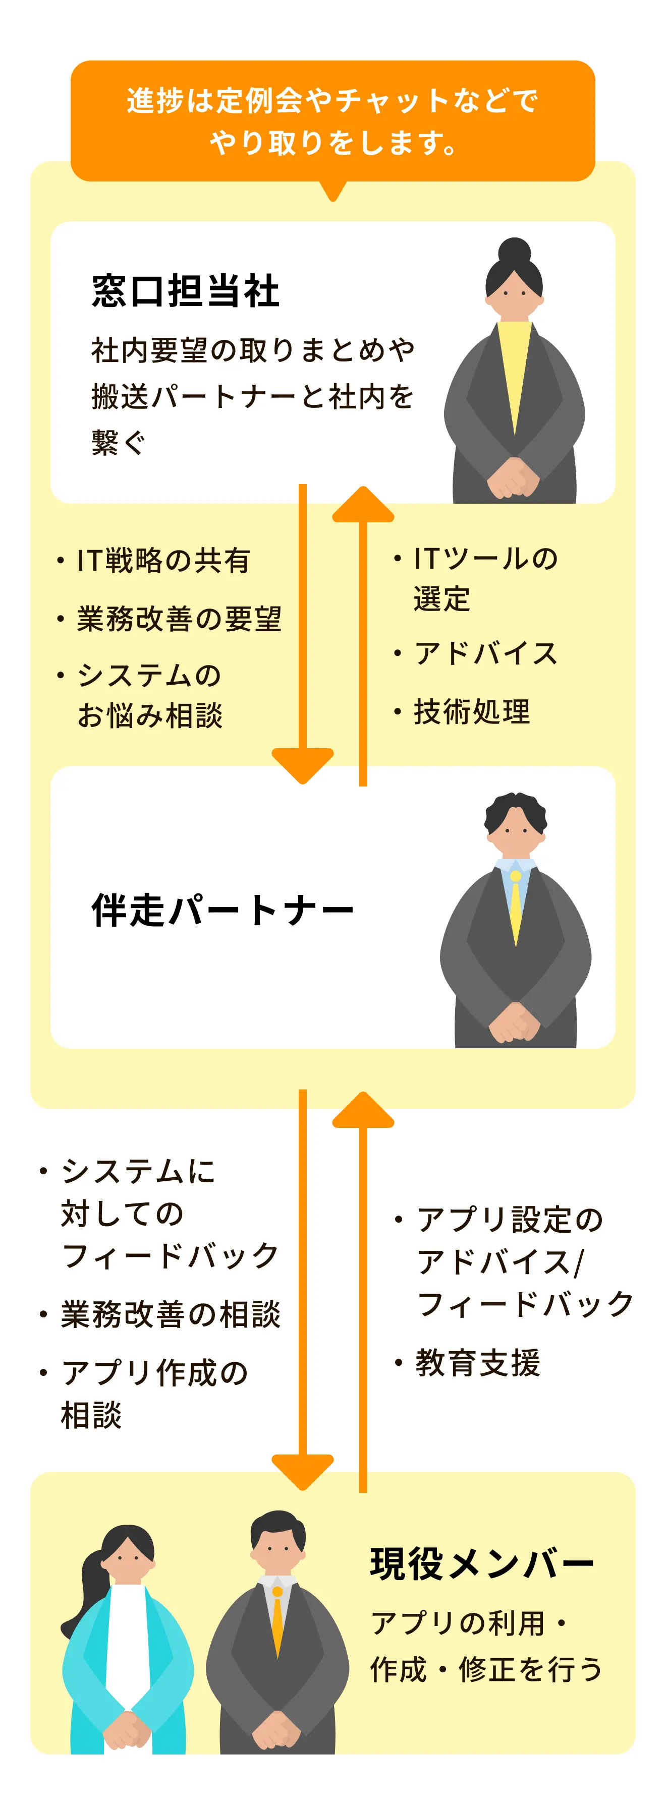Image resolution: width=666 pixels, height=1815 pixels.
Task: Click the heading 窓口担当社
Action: point(185,291)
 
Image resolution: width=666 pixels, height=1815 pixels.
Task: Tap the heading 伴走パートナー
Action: point(222,910)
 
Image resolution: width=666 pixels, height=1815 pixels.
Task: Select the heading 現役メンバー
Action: point(482,1564)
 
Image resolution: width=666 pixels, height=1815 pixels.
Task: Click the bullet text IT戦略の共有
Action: point(163,561)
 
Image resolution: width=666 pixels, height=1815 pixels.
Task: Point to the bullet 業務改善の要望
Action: point(179,619)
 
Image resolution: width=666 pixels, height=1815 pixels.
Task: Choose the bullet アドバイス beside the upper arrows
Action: point(486,653)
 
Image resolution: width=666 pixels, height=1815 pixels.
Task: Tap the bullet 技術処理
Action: point(472,711)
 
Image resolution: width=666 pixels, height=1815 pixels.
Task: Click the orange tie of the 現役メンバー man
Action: point(277,1620)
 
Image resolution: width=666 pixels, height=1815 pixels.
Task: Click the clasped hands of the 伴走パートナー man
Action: point(515,1021)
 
